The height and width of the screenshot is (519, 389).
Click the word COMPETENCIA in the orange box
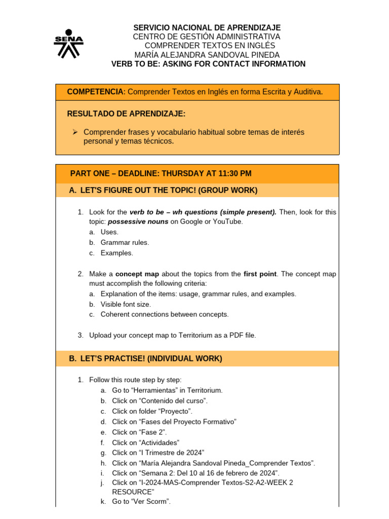(x=96, y=92)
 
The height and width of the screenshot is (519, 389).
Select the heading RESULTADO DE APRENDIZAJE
(x=126, y=113)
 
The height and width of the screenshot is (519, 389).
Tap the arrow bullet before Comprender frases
(x=74, y=132)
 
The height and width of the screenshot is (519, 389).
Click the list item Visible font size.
(x=126, y=304)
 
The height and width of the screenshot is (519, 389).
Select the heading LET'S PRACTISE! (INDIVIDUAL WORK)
(x=145, y=359)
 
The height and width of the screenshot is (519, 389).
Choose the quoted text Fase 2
(x=153, y=432)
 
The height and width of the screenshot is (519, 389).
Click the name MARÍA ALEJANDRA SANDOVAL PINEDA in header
(x=207, y=55)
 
